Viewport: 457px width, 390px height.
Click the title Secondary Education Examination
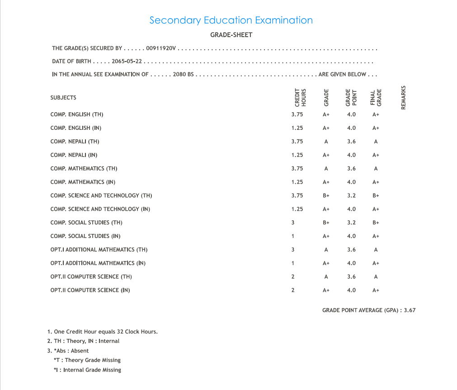[x=231, y=20]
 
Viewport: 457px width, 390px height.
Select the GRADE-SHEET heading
[x=231, y=35]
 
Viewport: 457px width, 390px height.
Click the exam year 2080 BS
[x=183, y=74]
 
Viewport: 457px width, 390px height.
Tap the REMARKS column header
[x=403, y=97]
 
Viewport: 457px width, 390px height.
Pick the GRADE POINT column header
[x=351, y=97]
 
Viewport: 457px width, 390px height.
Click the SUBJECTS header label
[x=63, y=98]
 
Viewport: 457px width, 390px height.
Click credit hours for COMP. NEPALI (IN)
[x=297, y=155]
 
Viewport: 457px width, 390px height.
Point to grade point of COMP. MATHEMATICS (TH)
[x=351, y=169]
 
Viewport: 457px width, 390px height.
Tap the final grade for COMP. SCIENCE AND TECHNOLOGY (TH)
[x=376, y=196]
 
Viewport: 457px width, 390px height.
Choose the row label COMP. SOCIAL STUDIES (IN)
[x=85, y=236]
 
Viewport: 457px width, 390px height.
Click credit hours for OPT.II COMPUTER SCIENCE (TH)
[x=293, y=277]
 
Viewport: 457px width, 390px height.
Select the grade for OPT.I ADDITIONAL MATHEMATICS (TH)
[x=326, y=250]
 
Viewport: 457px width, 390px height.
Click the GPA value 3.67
[x=410, y=310]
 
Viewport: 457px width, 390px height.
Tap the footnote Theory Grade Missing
[x=87, y=360]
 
